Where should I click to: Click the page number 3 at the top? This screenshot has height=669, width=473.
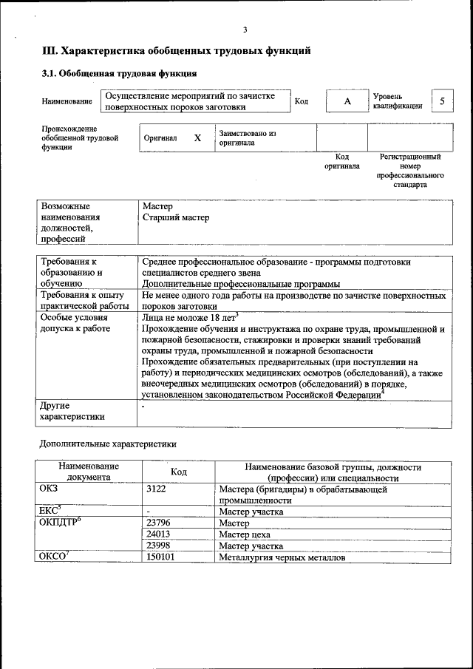tap(245, 29)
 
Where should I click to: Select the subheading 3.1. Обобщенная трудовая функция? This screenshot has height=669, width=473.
tap(118, 74)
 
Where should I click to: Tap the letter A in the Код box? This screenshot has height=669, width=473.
tap(347, 101)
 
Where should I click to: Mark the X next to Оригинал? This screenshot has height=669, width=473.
tap(197, 137)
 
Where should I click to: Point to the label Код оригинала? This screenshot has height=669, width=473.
tap(341, 161)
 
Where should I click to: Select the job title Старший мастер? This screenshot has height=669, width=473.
tap(176, 217)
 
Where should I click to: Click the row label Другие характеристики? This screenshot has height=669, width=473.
tap(72, 411)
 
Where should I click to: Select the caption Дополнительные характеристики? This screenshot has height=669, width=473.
tap(107, 444)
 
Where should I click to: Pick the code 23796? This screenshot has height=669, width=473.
tap(159, 523)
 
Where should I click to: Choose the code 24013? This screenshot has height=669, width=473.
tap(159, 534)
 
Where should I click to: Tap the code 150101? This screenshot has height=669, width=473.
tap(160, 557)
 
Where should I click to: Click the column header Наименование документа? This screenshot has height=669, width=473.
tap(88, 472)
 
